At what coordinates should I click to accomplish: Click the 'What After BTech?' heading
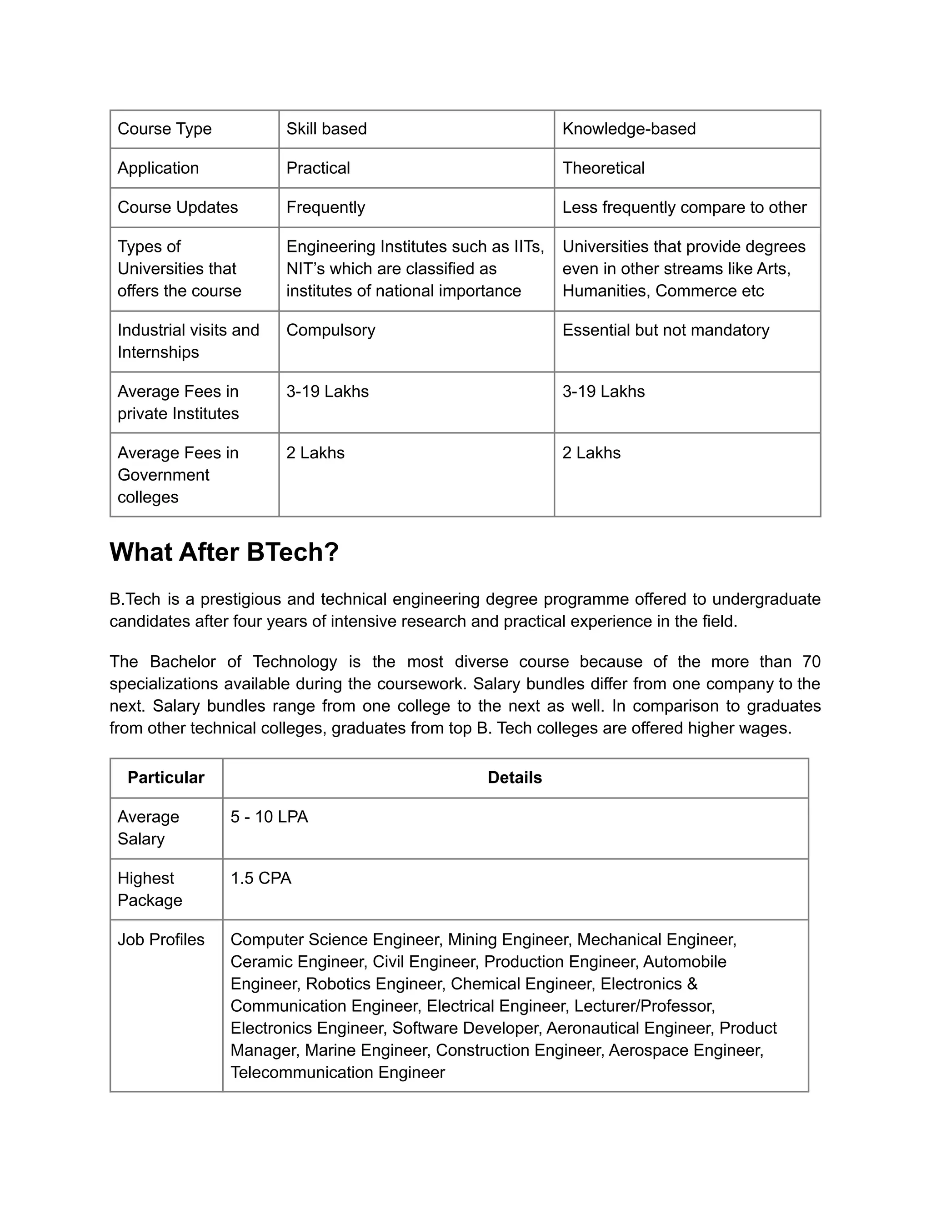pyautogui.click(x=224, y=552)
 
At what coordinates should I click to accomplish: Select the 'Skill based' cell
pyautogui.click(x=326, y=129)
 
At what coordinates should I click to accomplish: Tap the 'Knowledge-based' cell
pyautogui.click(x=629, y=129)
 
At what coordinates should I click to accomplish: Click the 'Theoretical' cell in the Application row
pyautogui.click(x=603, y=168)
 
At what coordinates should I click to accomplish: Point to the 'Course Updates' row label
pyautogui.click(x=178, y=207)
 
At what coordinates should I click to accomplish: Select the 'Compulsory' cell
pyautogui.click(x=330, y=330)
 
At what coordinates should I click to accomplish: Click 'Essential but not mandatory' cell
pyautogui.click(x=665, y=330)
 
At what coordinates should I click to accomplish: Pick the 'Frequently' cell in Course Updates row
pyautogui.click(x=325, y=207)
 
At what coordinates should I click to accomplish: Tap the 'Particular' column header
pyautogui.click(x=166, y=778)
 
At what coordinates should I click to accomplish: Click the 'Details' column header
pyautogui.click(x=515, y=778)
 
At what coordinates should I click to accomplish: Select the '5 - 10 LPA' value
pyautogui.click(x=269, y=817)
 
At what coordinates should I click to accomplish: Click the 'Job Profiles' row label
pyautogui.click(x=161, y=939)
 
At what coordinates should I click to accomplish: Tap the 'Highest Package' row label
pyautogui.click(x=150, y=889)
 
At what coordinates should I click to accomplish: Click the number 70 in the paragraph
pyautogui.click(x=811, y=662)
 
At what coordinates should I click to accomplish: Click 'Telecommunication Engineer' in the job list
pyautogui.click(x=338, y=1072)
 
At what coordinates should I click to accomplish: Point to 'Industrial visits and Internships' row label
pyautogui.click(x=188, y=341)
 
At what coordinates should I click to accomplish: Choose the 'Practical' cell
pyautogui.click(x=318, y=168)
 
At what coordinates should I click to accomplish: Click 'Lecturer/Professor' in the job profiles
pyautogui.click(x=644, y=1006)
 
